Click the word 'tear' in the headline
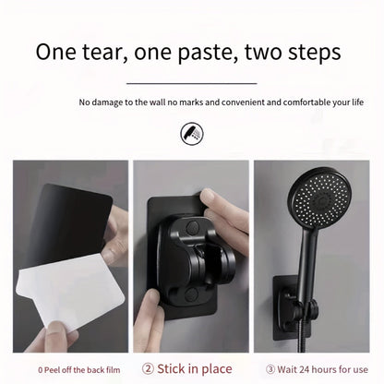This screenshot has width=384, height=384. (104, 53)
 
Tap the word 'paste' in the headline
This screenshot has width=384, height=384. (205, 53)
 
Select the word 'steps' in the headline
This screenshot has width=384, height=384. (315, 53)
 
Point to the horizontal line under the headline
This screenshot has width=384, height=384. (192, 83)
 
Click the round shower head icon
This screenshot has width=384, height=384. (192, 134)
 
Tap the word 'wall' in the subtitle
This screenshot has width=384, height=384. (158, 102)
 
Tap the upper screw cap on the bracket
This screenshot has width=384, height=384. (192, 228)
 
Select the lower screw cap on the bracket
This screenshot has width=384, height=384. (191, 294)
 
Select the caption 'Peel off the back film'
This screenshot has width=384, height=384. (82, 370)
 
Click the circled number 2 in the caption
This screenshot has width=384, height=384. (148, 369)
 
